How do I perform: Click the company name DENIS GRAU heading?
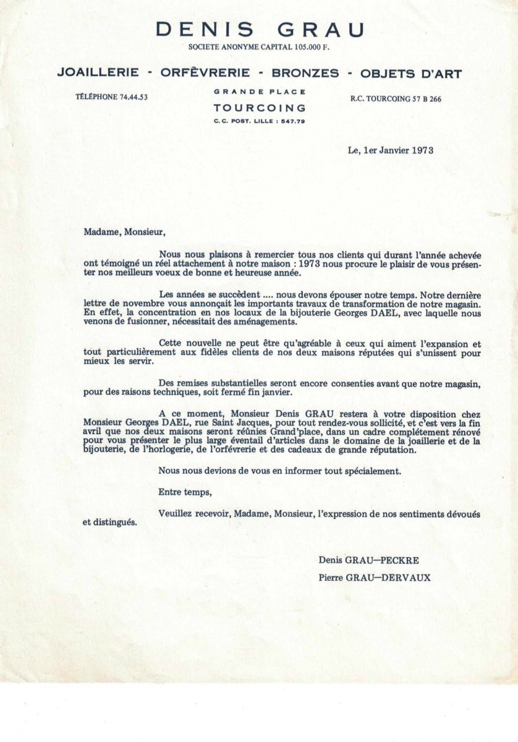(260, 30)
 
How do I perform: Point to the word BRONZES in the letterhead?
(305, 73)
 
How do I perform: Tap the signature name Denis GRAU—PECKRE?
(369, 560)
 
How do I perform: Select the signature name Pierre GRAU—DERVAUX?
(375, 578)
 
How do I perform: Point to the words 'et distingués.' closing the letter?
(110, 522)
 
